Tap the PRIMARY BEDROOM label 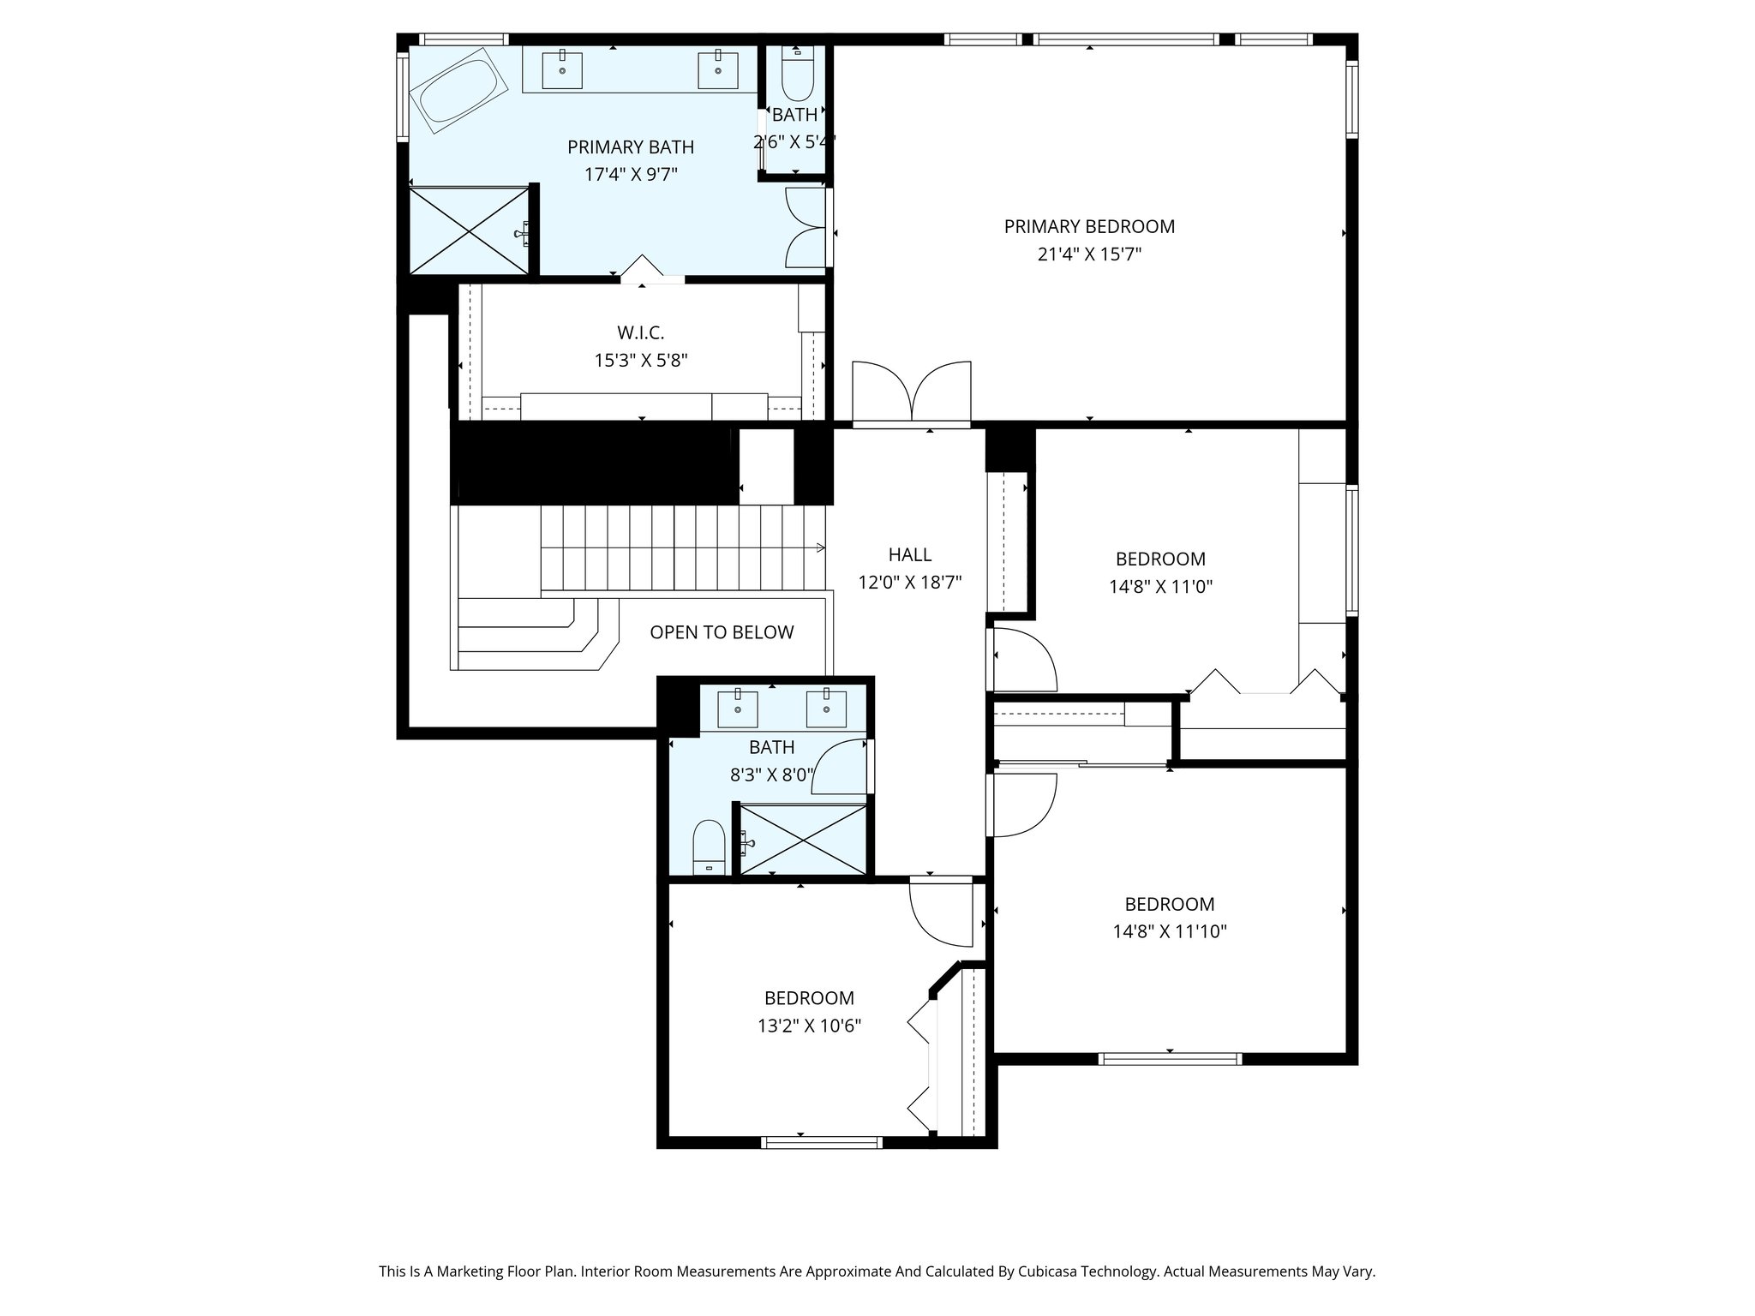click(1089, 226)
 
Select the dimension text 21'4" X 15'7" click(1089, 254)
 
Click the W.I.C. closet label click(640, 332)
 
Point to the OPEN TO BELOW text click(722, 632)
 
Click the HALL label click(909, 554)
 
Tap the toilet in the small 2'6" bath click(797, 77)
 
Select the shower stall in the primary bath click(467, 231)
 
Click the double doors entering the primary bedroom click(911, 394)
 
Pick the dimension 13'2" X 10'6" click(809, 1026)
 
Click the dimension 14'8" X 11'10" click(1169, 931)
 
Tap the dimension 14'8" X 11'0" click(1160, 587)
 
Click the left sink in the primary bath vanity click(562, 70)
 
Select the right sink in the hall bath click(826, 708)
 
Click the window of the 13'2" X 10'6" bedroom click(821, 1141)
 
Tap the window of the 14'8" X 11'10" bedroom click(1170, 1059)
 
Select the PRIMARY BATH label click(631, 147)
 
